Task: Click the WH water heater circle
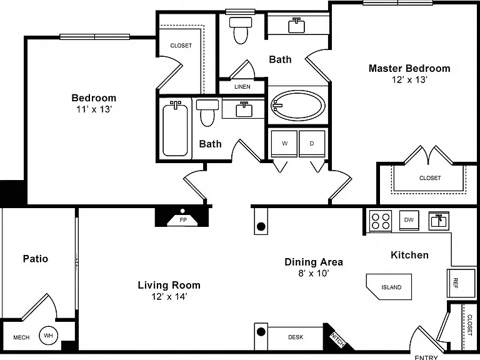coord(48,335)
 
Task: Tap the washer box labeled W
coord(284,144)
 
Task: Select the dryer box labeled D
coord(312,144)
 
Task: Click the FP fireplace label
coord(183,220)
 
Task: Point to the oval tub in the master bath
coord(298,106)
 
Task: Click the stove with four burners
coord(380,221)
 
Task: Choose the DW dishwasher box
coord(409,220)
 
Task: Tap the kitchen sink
coord(439,221)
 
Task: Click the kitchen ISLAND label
coord(391,287)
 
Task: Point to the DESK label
coord(296,337)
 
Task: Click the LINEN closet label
coord(242,87)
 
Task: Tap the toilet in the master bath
coord(241,30)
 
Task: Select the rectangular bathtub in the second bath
coord(175,130)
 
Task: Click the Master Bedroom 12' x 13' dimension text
coord(409,79)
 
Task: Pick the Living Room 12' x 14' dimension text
coord(169,296)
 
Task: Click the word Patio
coord(36,259)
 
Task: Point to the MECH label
coord(21,337)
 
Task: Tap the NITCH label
coord(337,340)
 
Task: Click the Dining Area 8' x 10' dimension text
coord(314,273)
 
